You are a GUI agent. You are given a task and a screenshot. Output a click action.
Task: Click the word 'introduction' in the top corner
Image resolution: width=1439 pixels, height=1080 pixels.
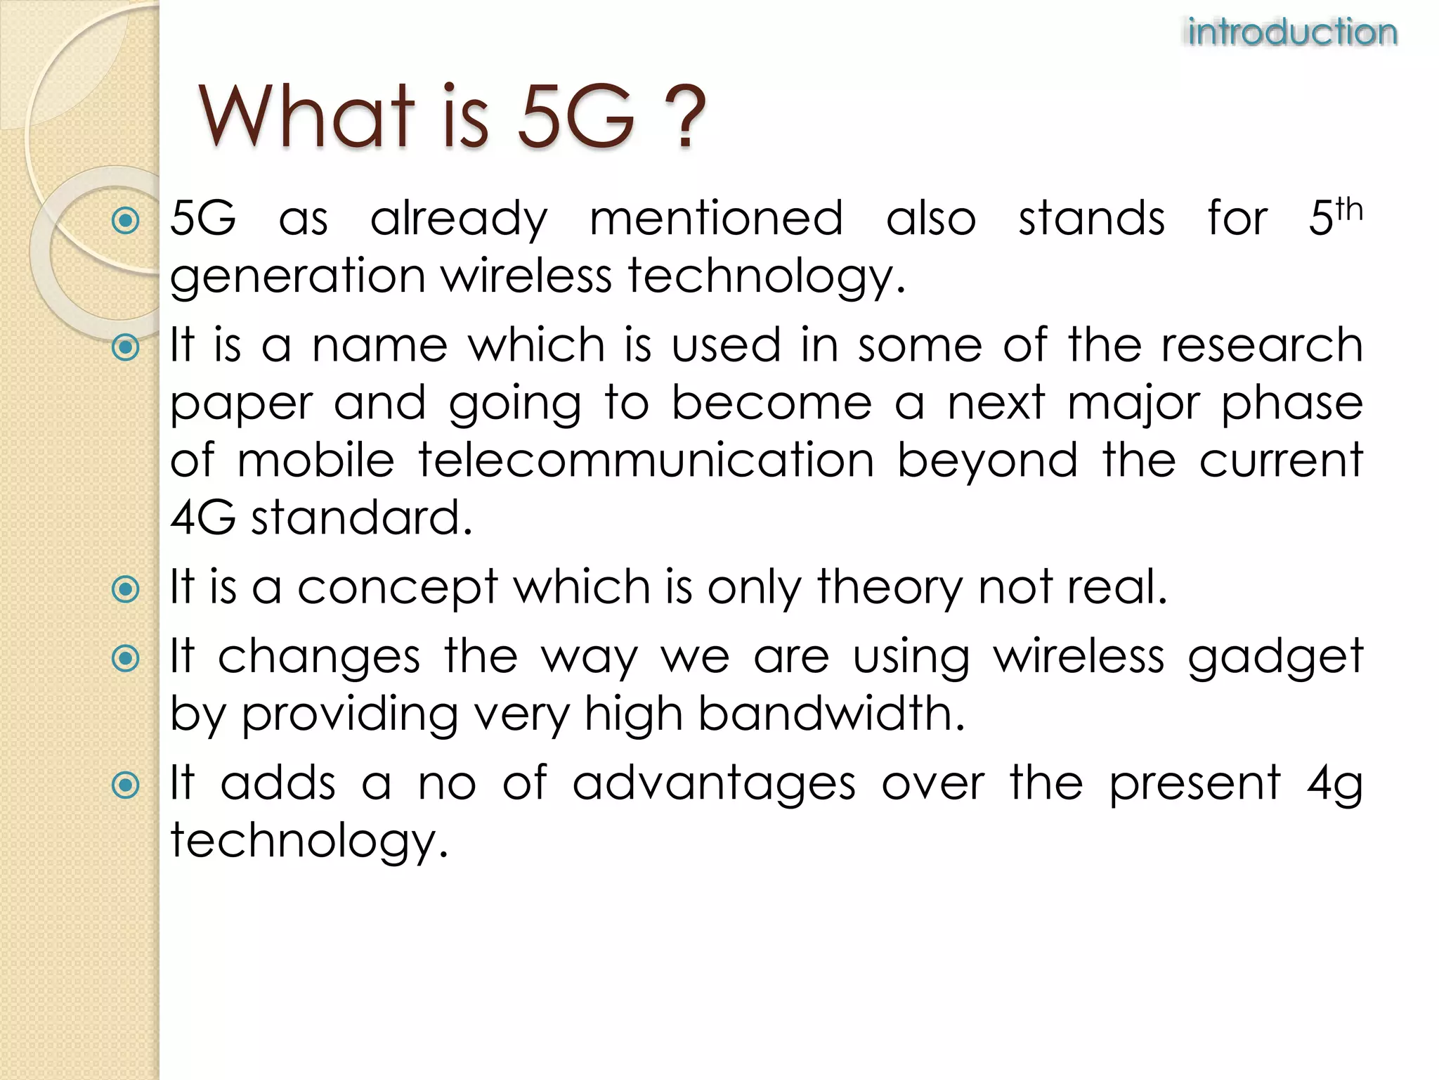coord(1292,32)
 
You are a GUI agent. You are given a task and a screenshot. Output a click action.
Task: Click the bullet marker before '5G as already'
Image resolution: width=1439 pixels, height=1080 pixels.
coord(126,221)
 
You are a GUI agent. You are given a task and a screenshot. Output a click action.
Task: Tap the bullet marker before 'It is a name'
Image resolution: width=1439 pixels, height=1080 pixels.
coord(126,347)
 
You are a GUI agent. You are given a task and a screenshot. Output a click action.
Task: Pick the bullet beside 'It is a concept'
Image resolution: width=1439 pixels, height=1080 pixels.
coord(126,589)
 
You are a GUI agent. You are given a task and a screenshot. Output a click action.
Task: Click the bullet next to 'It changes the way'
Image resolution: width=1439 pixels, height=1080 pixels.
coord(126,659)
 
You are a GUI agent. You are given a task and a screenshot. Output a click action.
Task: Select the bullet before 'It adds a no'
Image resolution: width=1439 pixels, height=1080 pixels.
coord(126,785)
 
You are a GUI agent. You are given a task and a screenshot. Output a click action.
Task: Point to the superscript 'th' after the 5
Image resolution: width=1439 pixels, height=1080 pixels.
coord(1348,210)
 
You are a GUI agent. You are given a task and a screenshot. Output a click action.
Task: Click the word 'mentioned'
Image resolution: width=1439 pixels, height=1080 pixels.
coord(715,219)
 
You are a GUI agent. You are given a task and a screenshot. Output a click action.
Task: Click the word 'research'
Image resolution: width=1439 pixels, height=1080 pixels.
coord(1261,345)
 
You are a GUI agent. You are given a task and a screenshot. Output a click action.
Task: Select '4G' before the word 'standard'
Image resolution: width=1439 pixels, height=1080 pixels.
coord(203,518)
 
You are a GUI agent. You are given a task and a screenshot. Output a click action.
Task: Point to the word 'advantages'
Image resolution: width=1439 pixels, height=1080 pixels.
coord(714,784)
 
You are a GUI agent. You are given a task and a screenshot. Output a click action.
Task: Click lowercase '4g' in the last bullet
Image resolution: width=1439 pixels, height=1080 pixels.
coord(1334,784)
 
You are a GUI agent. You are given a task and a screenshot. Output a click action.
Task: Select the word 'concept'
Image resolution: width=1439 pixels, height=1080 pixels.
coord(397,589)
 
